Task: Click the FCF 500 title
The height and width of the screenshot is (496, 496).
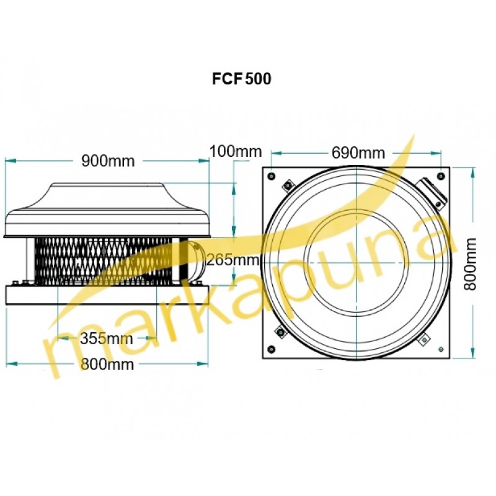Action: click(242, 79)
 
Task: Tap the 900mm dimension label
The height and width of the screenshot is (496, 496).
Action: click(108, 161)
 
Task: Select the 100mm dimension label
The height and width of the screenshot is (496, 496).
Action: click(236, 151)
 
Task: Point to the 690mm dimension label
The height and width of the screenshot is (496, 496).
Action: click(358, 153)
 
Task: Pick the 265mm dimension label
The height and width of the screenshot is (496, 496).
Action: click(233, 260)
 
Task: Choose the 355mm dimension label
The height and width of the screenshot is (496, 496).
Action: click(106, 339)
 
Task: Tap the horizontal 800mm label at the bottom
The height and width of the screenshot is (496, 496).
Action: click(107, 365)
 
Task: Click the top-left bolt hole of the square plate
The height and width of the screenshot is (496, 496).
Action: click(272, 176)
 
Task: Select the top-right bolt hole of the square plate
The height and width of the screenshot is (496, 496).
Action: click(441, 176)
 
